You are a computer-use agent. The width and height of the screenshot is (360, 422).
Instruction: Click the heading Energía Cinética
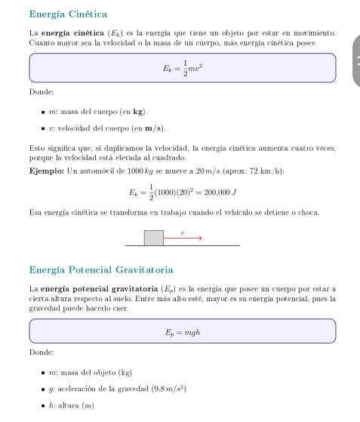[x=67, y=14]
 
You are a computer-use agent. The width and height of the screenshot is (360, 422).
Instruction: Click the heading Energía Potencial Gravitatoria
[x=102, y=269]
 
